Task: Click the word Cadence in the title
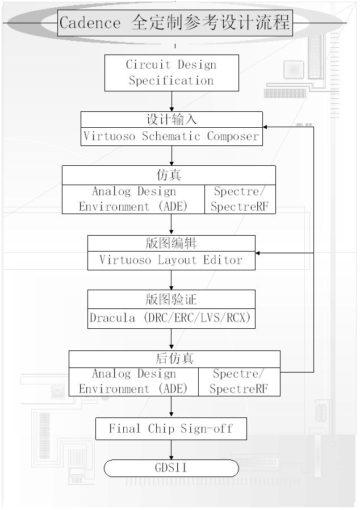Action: pyautogui.click(x=90, y=23)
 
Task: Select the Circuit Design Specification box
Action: pyautogui.click(x=171, y=73)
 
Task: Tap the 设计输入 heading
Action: pyautogui.click(x=171, y=119)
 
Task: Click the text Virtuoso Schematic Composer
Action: pyautogui.click(x=171, y=136)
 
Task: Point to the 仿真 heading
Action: pyautogui.click(x=169, y=175)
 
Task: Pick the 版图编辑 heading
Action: pyautogui.click(x=171, y=243)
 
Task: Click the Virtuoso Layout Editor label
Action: pyautogui.click(x=171, y=260)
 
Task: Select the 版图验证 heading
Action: pyautogui.click(x=171, y=299)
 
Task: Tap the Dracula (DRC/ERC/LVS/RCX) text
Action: pyautogui.click(x=171, y=317)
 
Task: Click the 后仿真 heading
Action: pyautogui.click(x=174, y=359)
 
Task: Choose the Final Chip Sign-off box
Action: pyautogui.click(x=171, y=428)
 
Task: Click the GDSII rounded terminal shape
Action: pyautogui.click(x=171, y=468)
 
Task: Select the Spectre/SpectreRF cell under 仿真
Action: pyautogui.click(x=239, y=199)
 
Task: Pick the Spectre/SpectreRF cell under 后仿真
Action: pyautogui.click(x=238, y=382)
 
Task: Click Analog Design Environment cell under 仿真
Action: pyautogui.click(x=133, y=199)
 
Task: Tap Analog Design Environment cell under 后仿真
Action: pyautogui.click(x=133, y=382)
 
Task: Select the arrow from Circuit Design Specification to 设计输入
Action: pyautogui.click(x=171, y=101)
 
